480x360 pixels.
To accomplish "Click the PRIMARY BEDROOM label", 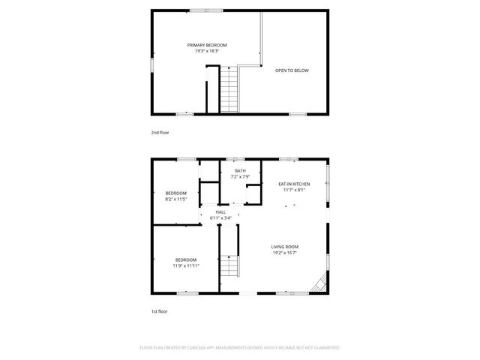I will pyautogui.click(x=206, y=45).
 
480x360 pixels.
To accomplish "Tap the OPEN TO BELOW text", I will pyautogui.click(x=292, y=70).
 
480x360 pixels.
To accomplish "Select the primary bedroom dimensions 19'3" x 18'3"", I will pyautogui.click(x=206, y=52).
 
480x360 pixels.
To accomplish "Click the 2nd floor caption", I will pyautogui.click(x=160, y=133).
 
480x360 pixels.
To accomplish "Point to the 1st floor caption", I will pyautogui.click(x=160, y=310).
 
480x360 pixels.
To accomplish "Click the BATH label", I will pyautogui.click(x=240, y=171).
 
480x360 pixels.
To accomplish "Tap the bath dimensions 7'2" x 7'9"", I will pyautogui.click(x=240, y=177).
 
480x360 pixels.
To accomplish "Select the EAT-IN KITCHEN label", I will pyautogui.click(x=294, y=184).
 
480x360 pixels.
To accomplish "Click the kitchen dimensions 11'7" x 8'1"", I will pyautogui.click(x=294, y=190).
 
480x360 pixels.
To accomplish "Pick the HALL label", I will pyautogui.click(x=220, y=212).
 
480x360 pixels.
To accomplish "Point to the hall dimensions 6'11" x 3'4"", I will pyautogui.click(x=220, y=218).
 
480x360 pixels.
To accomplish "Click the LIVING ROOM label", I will pyautogui.click(x=285, y=247).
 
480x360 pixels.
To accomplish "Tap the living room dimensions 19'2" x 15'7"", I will pyautogui.click(x=285, y=253).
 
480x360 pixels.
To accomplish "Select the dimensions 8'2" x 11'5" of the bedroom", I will pyautogui.click(x=175, y=199).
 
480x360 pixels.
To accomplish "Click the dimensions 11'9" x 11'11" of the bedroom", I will pyautogui.click(x=186, y=265).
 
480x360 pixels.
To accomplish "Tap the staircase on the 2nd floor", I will pyautogui.click(x=229, y=88).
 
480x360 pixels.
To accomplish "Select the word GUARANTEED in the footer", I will pyautogui.click(x=325, y=348).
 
